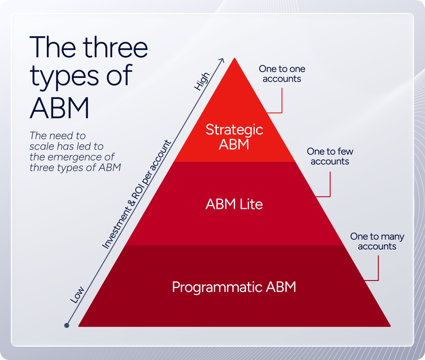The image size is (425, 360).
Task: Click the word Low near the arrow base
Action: (77, 295)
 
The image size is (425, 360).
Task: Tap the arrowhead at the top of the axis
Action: (222, 60)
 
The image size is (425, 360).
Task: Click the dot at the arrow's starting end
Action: (67, 325)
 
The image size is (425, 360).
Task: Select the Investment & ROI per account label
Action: (137, 194)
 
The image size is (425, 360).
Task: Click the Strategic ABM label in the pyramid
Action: (234, 137)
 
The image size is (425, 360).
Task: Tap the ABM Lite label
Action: (234, 204)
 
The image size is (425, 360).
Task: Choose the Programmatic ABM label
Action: (234, 287)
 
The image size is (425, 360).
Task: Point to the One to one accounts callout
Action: (282, 74)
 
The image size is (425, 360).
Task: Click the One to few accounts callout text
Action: (330, 156)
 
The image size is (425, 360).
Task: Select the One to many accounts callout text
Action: (377, 241)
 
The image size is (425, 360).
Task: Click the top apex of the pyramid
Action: (235, 59)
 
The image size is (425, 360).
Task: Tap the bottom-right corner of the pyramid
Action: (389, 325)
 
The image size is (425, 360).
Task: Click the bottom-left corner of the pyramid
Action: (80, 325)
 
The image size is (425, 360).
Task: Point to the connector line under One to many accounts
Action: (378, 270)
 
